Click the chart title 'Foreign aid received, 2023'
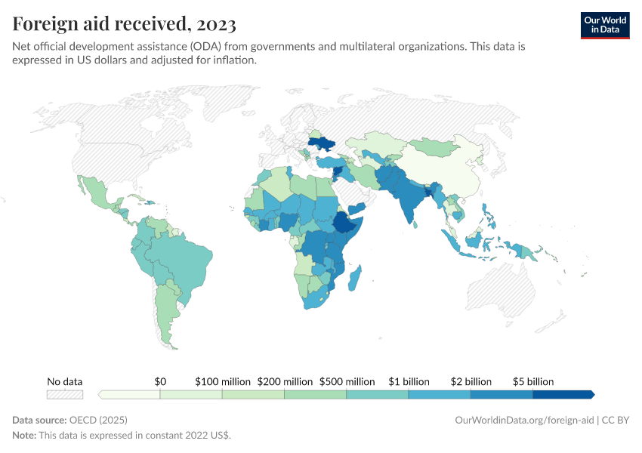pyautogui.click(x=124, y=25)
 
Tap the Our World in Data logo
pyautogui.click(x=604, y=25)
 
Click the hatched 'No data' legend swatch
pyautogui.click(x=65, y=394)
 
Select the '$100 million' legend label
pyautogui.click(x=223, y=381)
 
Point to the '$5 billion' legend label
pyautogui.click(x=533, y=381)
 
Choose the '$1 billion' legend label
pyautogui.click(x=409, y=381)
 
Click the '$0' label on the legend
pyautogui.click(x=160, y=381)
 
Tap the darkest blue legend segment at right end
pyautogui.click(x=563, y=394)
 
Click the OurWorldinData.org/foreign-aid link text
pyautogui.click(x=524, y=420)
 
